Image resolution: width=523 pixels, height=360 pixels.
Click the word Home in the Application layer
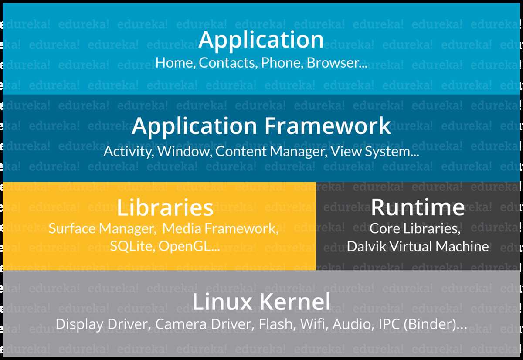click(x=174, y=63)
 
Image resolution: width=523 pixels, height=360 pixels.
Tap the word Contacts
click(x=228, y=63)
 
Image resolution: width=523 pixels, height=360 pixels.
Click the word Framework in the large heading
click(x=328, y=126)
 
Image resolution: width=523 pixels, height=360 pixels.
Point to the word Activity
click(x=128, y=152)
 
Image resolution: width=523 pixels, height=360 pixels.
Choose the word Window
click(x=184, y=152)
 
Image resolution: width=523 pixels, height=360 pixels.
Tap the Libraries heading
click(x=165, y=207)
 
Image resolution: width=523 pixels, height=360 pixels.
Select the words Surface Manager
click(x=102, y=228)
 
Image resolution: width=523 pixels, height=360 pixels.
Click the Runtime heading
click(x=418, y=207)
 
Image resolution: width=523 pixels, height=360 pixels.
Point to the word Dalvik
click(x=367, y=246)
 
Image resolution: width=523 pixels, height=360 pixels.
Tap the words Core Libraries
click(x=415, y=228)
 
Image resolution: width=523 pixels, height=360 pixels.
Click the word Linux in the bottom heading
click(x=222, y=302)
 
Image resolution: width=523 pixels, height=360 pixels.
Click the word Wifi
click(x=312, y=324)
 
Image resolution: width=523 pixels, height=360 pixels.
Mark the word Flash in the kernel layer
click(x=276, y=324)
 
